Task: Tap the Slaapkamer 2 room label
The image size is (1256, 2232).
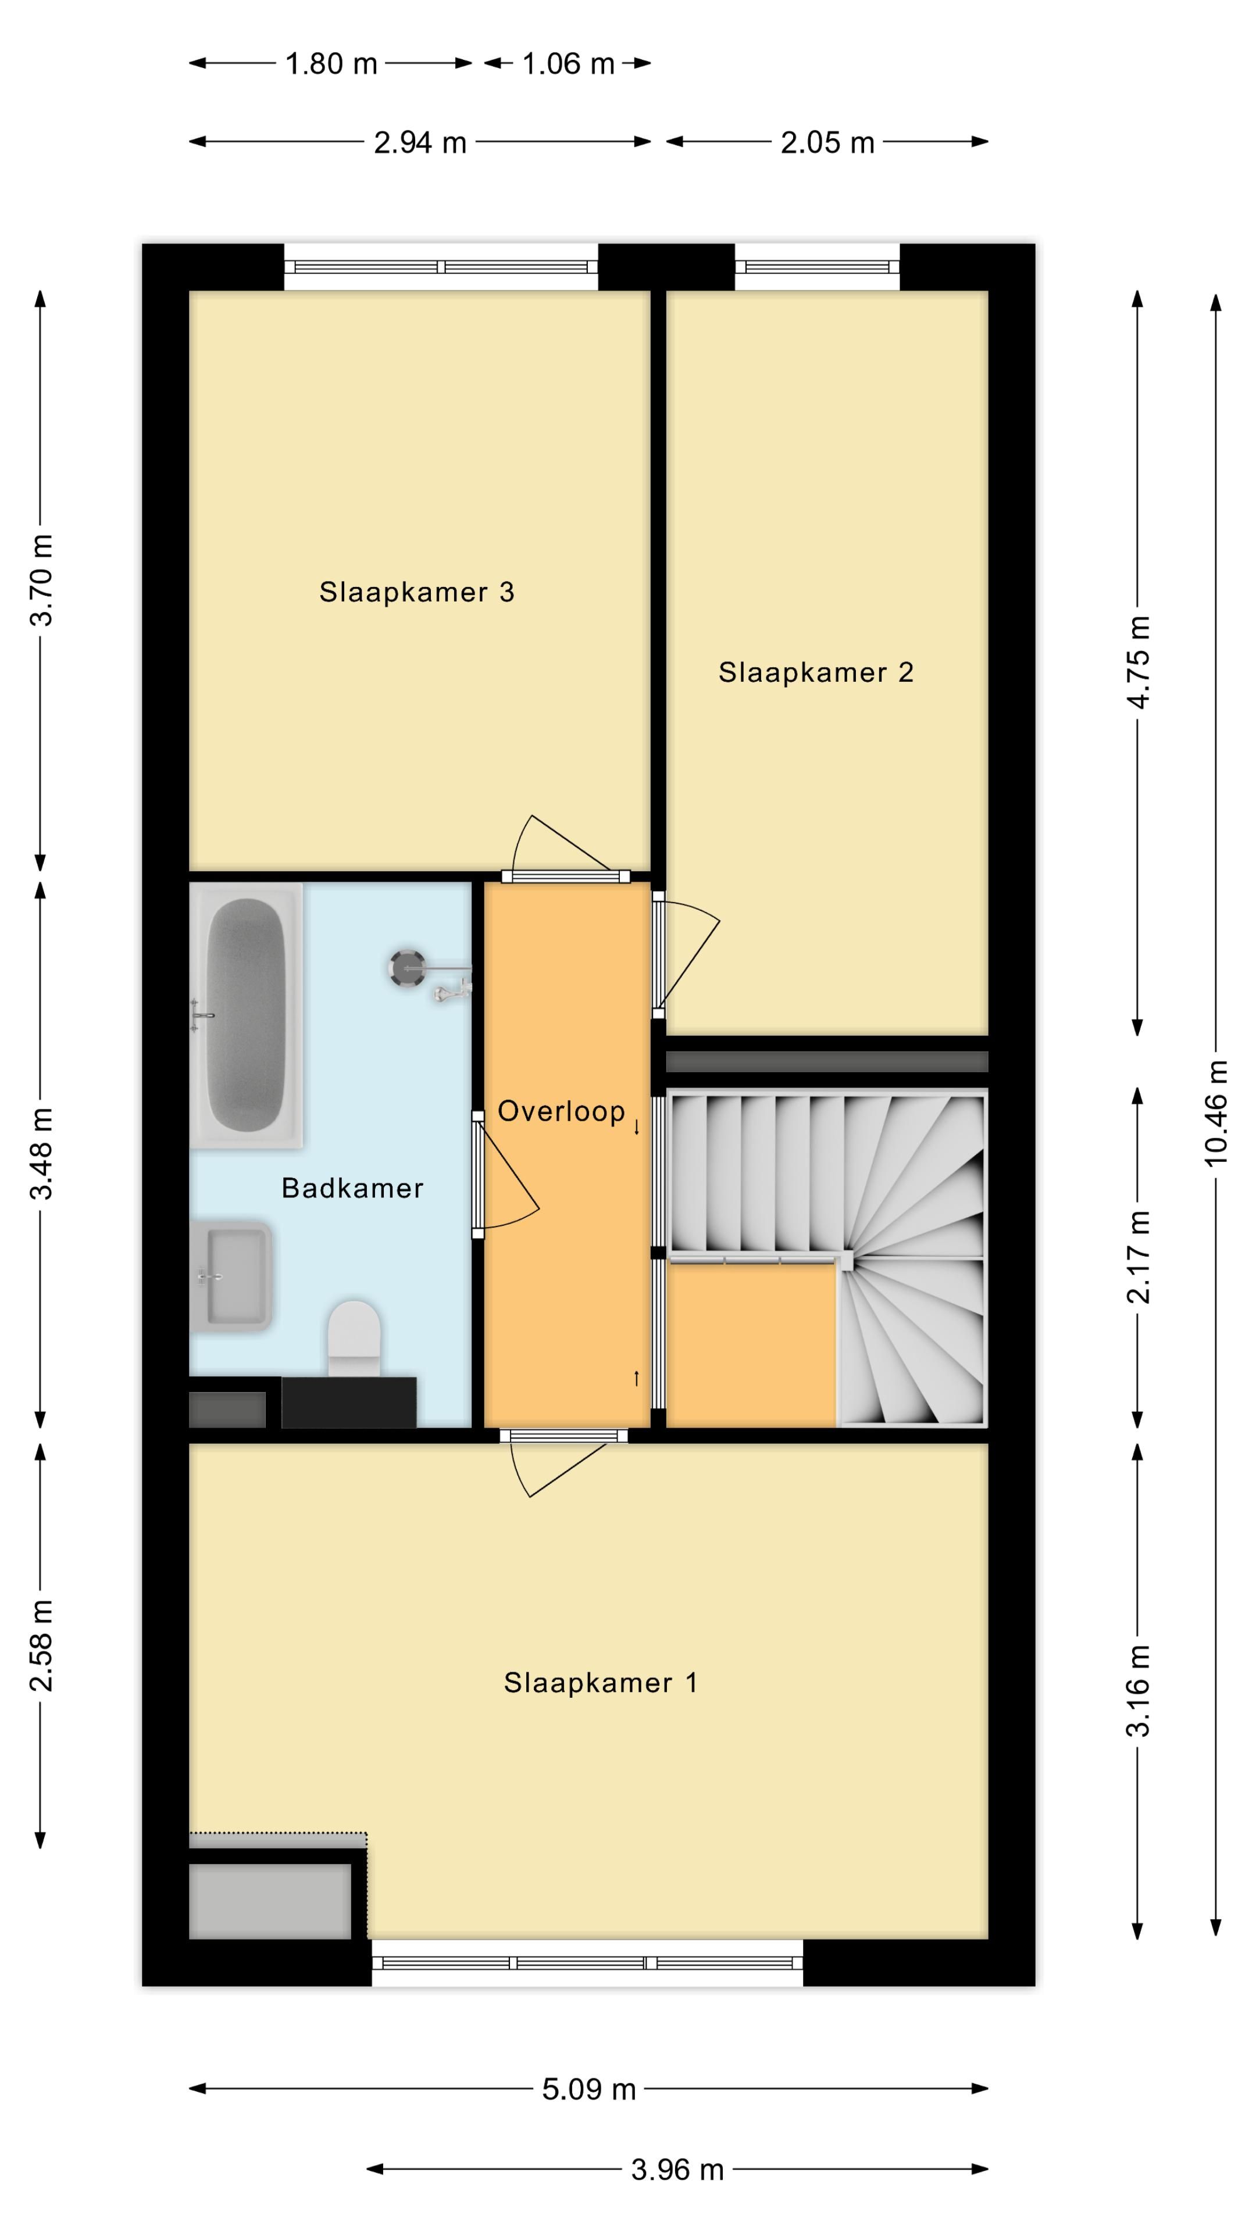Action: click(816, 673)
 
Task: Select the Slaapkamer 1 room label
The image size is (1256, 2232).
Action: click(601, 1683)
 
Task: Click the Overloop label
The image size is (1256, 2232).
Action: click(561, 1112)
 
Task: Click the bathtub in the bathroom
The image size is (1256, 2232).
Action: click(246, 1015)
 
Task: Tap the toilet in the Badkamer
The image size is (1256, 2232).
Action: click(354, 1338)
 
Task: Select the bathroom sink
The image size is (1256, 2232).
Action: click(231, 1276)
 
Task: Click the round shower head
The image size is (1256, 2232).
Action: click(406, 967)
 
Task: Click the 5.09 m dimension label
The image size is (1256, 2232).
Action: click(590, 2089)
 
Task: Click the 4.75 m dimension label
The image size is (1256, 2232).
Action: click(1138, 662)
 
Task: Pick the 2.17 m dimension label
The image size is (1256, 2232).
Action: click(1138, 1257)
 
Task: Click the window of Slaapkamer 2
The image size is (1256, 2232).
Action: click(818, 267)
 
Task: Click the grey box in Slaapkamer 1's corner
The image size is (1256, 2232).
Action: click(270, 1902)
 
